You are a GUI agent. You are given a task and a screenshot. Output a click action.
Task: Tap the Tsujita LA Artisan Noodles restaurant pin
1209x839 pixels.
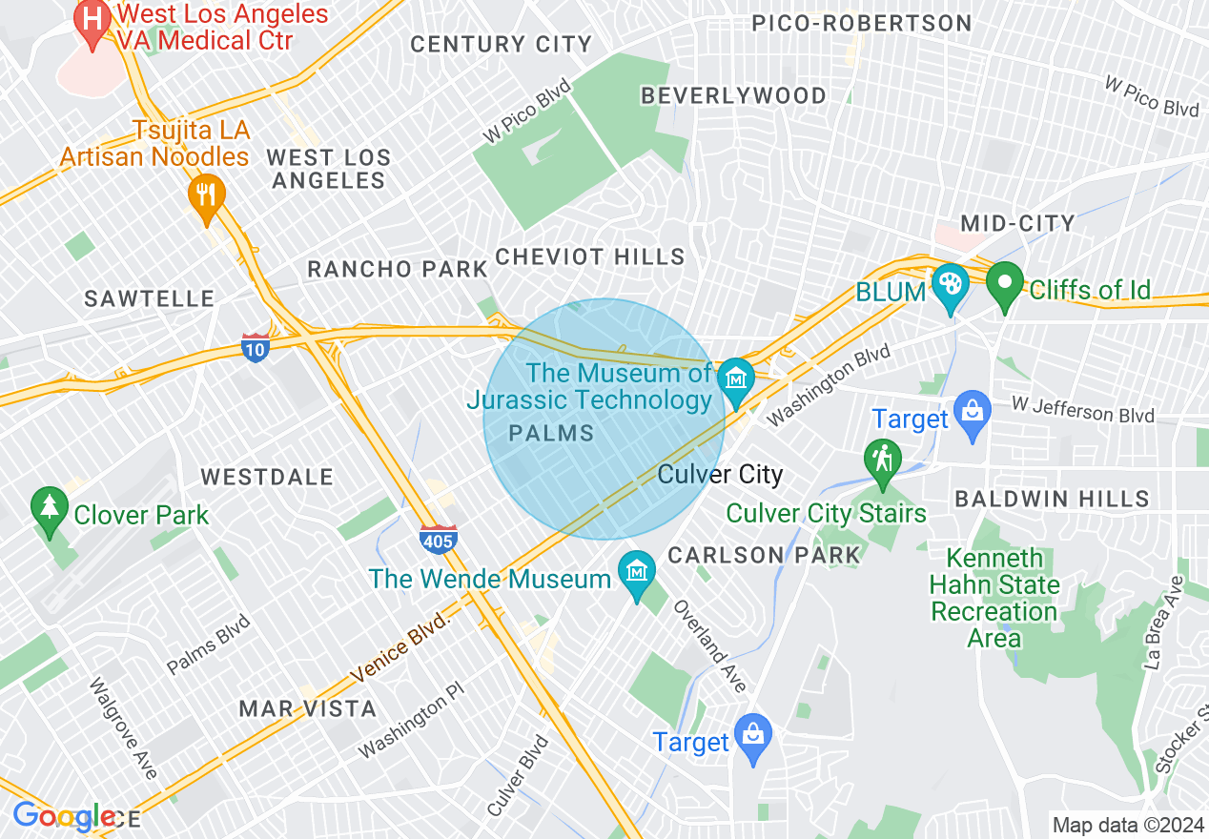[206, 195]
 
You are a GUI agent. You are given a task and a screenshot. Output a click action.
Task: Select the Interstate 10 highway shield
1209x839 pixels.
[255, 347]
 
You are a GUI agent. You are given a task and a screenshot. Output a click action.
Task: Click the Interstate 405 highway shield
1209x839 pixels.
[438, 540]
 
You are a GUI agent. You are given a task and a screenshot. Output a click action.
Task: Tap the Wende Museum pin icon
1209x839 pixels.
[636, 572]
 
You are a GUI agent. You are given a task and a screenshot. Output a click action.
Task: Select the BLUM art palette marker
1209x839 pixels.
[951, 285]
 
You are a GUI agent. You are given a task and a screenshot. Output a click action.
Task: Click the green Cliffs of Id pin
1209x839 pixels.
[1004, 283]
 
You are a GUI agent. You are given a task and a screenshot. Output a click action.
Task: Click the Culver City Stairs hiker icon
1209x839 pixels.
[883, 460]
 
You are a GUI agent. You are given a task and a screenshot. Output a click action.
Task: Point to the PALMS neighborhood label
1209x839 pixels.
[551, 434]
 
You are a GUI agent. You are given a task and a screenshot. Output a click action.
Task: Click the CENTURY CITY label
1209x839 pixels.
[502, 44]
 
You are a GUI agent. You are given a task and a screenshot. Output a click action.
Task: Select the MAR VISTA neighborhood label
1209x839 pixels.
[307, 708]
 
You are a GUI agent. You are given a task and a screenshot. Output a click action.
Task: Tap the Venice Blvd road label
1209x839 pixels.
[400, 647]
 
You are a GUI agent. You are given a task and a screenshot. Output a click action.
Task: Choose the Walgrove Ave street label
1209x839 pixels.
[123, 727]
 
